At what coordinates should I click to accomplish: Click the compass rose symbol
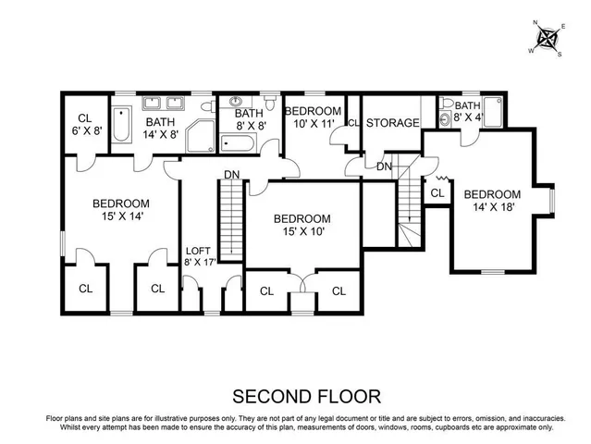[x=548, y=39]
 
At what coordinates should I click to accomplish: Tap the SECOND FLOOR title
[x=306, y=397]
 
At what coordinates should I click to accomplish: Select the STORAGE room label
[x=392, y=123]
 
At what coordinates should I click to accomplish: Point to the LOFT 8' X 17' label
[x=199, y=256]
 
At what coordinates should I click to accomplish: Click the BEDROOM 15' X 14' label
[x=120, y=209]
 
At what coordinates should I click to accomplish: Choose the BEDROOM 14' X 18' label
[x=492, y=201]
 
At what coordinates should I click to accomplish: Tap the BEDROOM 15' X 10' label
[x=301, y=225]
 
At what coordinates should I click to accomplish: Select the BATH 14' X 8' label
[x=160, y=128]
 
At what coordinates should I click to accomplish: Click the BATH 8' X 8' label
[x=250, y=117]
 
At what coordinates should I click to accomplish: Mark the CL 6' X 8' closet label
[x=84, y=123]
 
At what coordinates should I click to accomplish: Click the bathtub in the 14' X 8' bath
[x=121, y=125]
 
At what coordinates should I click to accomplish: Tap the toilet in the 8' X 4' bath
[x=444, y=118]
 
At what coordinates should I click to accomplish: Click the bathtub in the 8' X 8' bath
[x=238, y=142]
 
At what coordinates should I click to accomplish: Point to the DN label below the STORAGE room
[x=384, y=166]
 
